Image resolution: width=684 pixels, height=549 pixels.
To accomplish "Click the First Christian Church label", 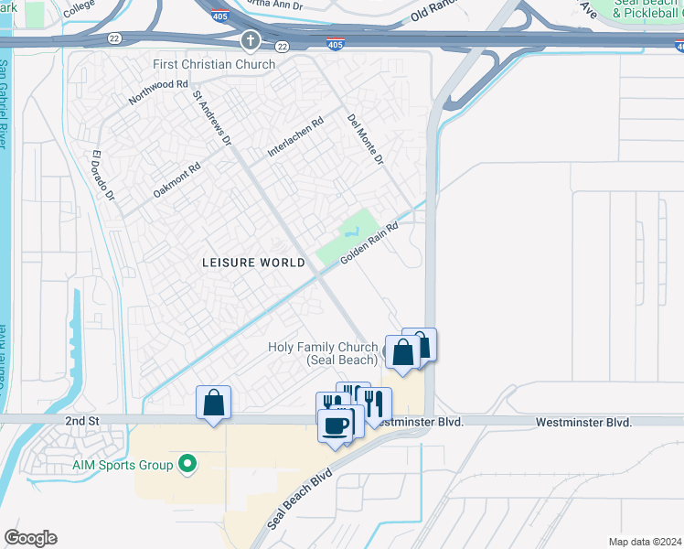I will (214, 64).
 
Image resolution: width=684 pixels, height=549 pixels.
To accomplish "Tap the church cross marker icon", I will (251, 42).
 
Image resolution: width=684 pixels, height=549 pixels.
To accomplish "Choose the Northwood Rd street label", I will (158, 91).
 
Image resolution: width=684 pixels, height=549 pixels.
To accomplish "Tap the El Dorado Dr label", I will (102, 176).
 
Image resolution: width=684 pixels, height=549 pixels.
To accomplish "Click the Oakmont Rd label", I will (176, 180).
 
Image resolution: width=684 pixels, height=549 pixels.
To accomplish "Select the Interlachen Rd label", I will (295, 136).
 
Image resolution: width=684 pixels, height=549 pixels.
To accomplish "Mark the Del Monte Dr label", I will (364, 140).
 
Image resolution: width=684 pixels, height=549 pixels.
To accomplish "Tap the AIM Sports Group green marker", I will (188, 465).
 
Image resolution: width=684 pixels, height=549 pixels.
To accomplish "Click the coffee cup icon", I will (336, 425).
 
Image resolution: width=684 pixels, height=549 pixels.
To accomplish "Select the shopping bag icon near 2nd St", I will (213, 403).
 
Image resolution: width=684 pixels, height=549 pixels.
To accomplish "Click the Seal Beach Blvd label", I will (298, 501).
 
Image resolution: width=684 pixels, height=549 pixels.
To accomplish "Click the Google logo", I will (30, 538).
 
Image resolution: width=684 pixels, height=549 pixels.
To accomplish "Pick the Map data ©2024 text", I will (645, 542).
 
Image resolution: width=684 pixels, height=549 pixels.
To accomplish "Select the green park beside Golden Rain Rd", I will (348, 235).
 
